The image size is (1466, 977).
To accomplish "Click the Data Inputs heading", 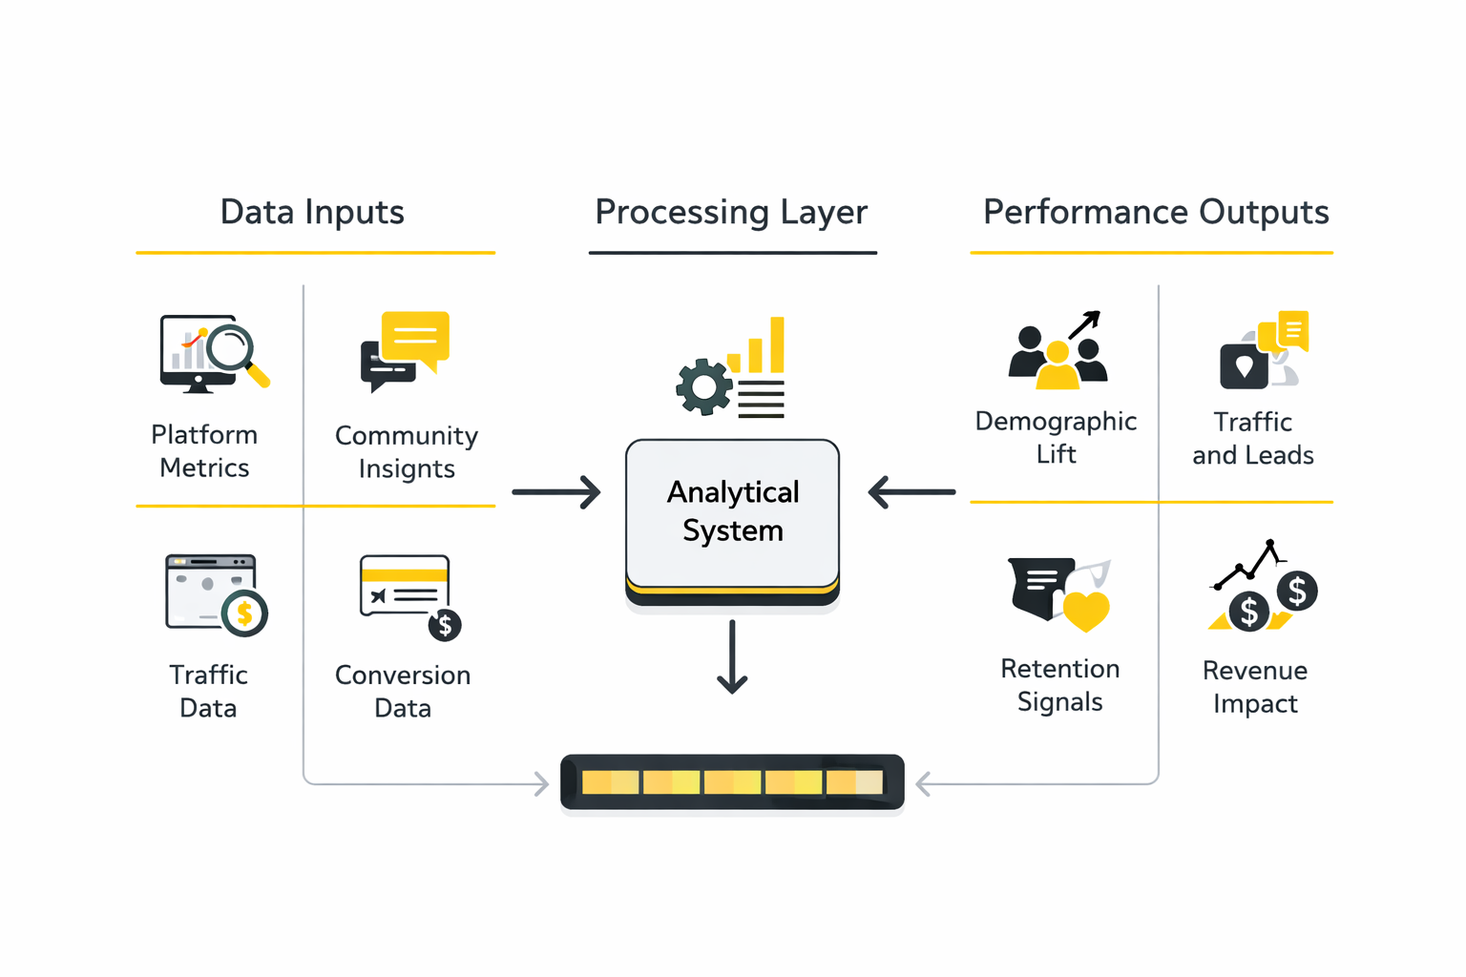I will (312, 212).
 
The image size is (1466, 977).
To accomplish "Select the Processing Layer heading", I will (731, 212).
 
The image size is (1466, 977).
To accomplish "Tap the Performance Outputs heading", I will (1155, 212).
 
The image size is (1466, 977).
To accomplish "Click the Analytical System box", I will (732, 513).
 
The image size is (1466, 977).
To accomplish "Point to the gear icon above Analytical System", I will (704, 386).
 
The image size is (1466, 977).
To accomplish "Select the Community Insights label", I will (407, 451).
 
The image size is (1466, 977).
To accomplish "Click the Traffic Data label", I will (208, 691).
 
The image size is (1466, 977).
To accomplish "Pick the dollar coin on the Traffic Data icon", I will (244, 613).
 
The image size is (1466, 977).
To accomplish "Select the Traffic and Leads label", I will (1252, 438).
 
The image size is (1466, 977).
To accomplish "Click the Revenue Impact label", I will (1254, 686).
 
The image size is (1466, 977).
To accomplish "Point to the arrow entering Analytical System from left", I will (556, 492).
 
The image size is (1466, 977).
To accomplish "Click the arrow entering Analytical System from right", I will (911, 492).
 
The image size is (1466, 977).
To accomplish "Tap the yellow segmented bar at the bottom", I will (732, 782).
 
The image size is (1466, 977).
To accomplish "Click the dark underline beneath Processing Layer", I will (732, 253).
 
